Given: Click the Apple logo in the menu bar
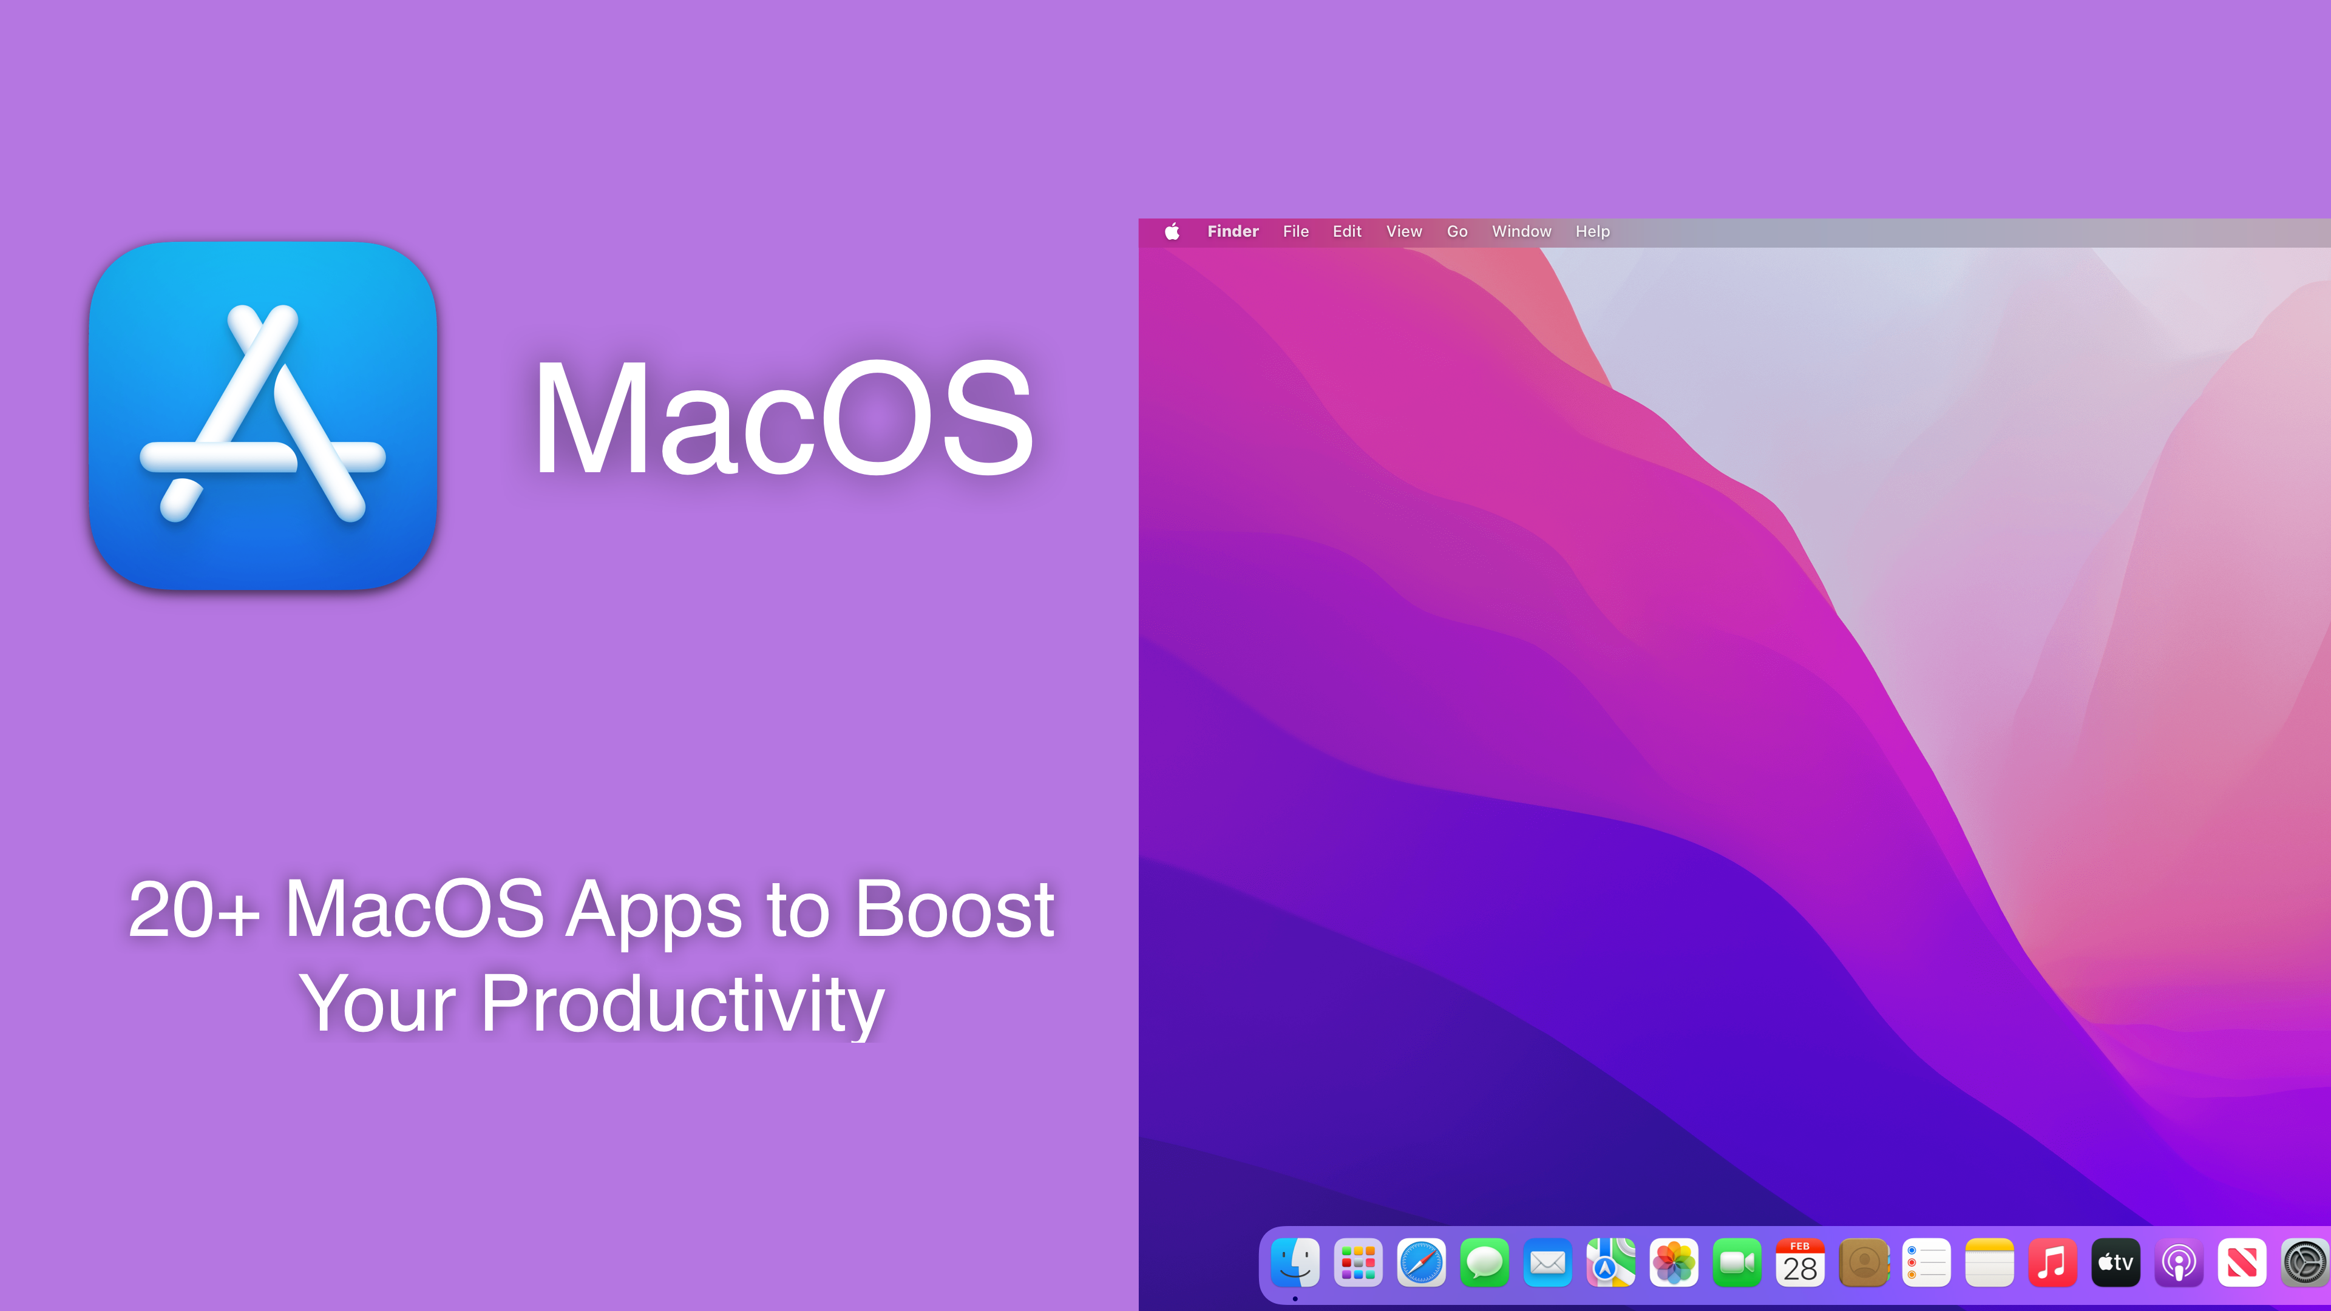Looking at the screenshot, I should coord(1172,232).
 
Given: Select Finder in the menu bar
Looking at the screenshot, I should coord(1232,232).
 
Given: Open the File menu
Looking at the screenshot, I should coord(1295,232).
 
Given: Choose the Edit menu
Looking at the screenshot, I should coord(1346,232).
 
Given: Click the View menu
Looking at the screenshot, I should coord(1403,232).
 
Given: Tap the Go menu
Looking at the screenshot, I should coord(1457,232).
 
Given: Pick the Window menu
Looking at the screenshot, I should coord(1521,232).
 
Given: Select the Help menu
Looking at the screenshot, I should coord(1592,232).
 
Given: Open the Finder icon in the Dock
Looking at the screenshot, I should coord(1295,1262).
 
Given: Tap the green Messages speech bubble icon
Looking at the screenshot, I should coord(1484,1262).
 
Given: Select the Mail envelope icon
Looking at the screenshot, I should coord(1547,1262).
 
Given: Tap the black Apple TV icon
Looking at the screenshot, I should coord(2116,1262).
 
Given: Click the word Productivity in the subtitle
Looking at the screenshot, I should coord(682,1004).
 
